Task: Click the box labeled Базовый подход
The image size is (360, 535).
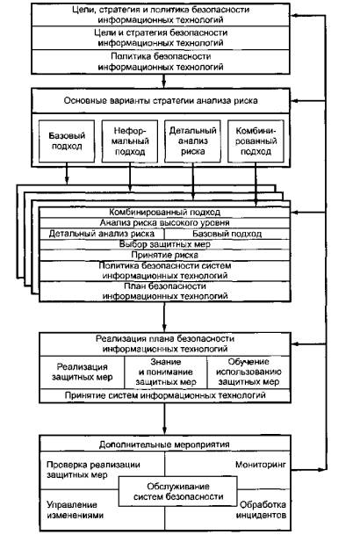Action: click(x=67, y=141)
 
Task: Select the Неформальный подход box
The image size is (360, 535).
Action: click(x=130, y=141)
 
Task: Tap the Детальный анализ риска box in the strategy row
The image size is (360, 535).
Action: click(x=192, y=141)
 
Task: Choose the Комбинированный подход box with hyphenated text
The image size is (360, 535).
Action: click(x=256, y=141)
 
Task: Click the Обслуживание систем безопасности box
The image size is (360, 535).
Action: click(x=177, y=491)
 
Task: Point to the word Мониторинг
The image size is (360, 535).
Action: click(x=261, y=465)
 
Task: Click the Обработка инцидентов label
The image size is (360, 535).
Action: click(x=261, y=510)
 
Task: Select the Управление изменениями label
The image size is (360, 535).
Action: click(x=75, y=510)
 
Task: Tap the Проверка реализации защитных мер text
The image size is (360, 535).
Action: click(x=93, y=469)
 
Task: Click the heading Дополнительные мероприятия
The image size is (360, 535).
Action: click(x=165, y=445)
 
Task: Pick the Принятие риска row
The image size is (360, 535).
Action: click(x=165, y=256)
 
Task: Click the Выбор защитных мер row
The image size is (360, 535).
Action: click(x=165, y=244)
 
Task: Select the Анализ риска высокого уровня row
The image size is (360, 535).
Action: click(x=165, y=223)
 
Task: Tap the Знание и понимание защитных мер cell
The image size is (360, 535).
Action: click(x=166, y=372)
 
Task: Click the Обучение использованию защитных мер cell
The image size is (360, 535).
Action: click(x=248, y=372)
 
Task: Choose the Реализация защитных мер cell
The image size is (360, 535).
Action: click(x=83, y=372)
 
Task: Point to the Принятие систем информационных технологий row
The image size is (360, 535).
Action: click(x=165, y=395)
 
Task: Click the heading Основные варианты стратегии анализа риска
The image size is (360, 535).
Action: click(x=161, y=101)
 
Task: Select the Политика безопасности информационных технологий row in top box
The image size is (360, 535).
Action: click(x=161, y=61)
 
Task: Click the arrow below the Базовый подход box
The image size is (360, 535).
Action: click(x=67, y=173)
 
